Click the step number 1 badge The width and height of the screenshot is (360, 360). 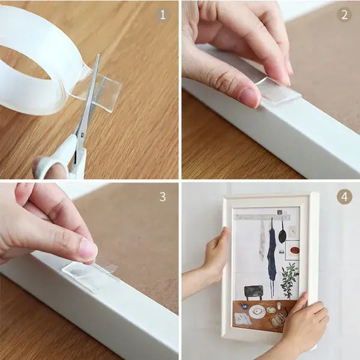click(162, 16)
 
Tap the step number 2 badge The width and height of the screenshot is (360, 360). click(344, 16)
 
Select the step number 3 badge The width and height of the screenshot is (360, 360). click(162, 197)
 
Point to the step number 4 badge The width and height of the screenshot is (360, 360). click(344, 197)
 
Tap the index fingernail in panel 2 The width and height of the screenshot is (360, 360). click(248, 96)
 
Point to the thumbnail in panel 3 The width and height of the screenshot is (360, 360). click(88, 249)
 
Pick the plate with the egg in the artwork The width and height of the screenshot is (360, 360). click(257, 312)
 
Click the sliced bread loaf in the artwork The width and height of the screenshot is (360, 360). click(278, 320)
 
